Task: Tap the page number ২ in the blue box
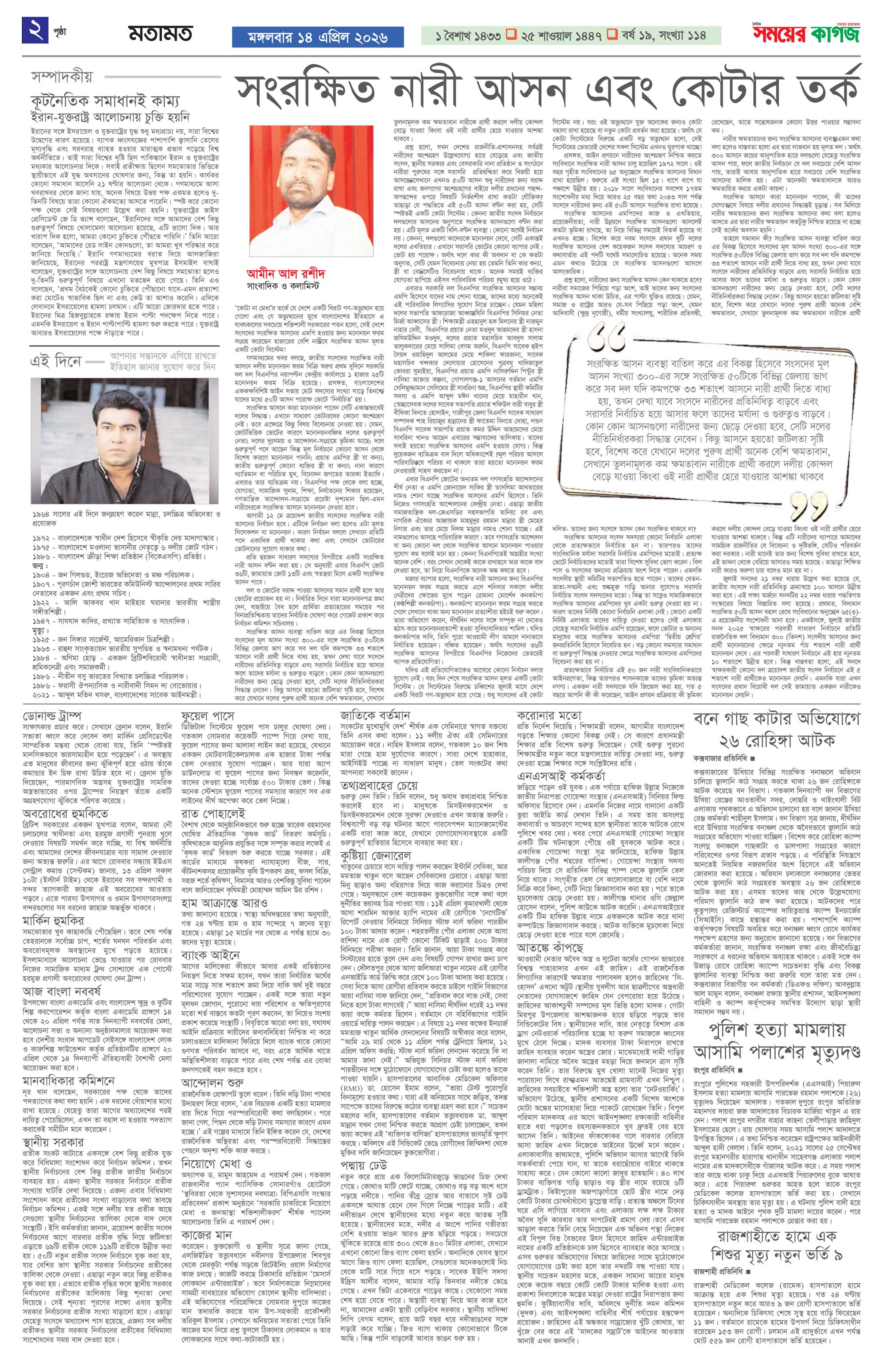click(x=35, y=30)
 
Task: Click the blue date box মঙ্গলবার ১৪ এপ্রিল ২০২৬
click(x=317, y=37)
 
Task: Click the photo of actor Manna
click(x=95, y=443)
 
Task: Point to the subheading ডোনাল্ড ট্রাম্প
click(x=53, y=717)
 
